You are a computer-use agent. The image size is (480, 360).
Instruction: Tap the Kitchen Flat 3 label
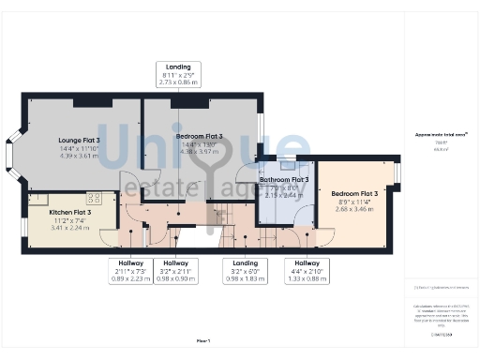pos(70,212)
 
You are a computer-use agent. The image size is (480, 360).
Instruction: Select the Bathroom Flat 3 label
pos(284,179)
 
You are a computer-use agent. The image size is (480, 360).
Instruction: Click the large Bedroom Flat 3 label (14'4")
pos(199,137)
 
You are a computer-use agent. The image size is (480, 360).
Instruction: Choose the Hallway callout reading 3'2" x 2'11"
pos(175,271)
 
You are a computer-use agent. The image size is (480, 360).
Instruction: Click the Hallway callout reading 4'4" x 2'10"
pos(307,271)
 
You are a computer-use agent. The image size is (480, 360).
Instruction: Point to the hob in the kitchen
pos(95,198)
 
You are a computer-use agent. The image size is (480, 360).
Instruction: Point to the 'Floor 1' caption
pos(202,339)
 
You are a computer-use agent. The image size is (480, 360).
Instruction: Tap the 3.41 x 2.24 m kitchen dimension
pos(70,227)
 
